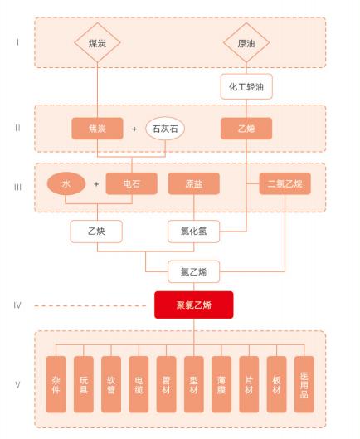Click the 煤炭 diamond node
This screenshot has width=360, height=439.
coord(98,42)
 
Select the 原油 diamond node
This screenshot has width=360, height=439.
coord(246,42)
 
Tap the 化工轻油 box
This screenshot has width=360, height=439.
coord(246,85)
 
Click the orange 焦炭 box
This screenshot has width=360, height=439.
coord(98,129)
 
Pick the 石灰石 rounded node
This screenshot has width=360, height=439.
coord(166,129)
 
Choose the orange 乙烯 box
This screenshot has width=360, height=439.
coord(246,129)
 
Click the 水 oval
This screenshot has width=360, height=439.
coord(66,184)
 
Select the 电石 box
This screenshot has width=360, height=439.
coord(132,184)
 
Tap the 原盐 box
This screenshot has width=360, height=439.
coord(193,184)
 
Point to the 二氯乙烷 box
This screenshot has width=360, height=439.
coord(285,184)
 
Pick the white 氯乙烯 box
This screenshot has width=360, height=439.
coord(193,271)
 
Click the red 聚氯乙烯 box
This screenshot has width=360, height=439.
coord(193,305)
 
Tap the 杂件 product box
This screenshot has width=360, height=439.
coord(56,384)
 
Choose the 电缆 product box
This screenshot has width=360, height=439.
coord(138,384)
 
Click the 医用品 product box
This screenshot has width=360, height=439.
coord(304,384)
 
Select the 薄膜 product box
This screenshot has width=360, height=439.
coord(221,384)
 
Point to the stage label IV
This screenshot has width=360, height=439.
coord(17,305)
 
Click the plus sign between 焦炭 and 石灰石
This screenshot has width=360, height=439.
coord(134,129)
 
